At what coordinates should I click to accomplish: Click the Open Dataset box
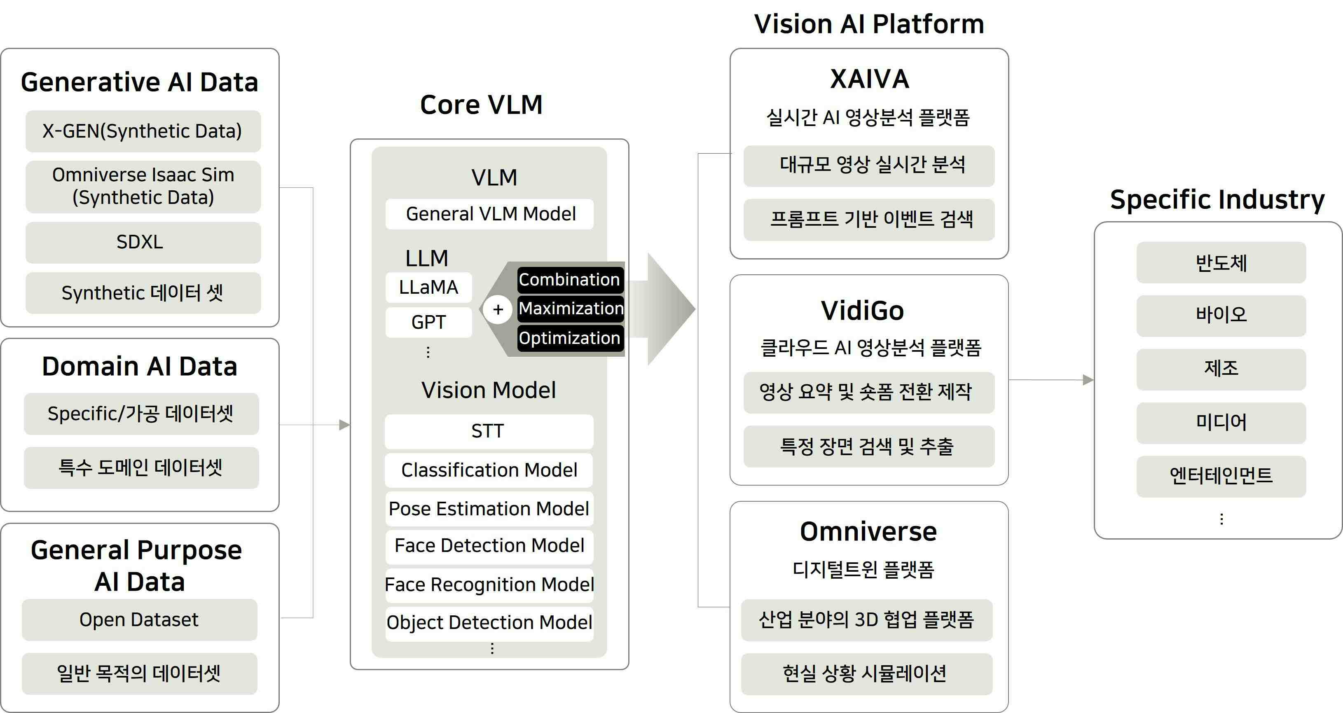(139, 620)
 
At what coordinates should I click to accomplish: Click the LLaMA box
(428, 287)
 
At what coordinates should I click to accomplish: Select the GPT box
(428, 322)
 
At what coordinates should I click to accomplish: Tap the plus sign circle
(498, 310)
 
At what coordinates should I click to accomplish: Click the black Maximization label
(570, 309)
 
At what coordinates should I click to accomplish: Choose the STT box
(489, 431)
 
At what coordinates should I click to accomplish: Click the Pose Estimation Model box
(489, 509)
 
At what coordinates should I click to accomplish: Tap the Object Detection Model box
(489, 623)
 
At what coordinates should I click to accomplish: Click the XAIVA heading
(869, 79)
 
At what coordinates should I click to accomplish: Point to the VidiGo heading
(862, 311)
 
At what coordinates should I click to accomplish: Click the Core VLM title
(481, 105)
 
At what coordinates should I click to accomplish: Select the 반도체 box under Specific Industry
(1221, 263)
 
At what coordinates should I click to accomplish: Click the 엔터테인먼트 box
(1221, 476)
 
